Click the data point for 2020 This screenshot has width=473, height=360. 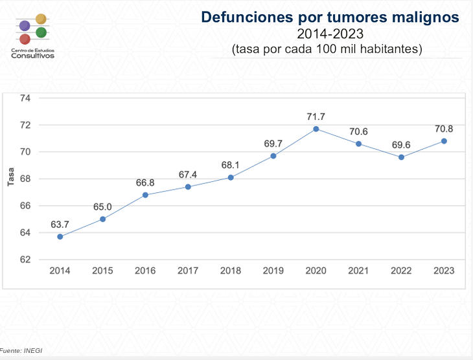click(316, 129)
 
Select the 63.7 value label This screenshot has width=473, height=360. click(60, 224)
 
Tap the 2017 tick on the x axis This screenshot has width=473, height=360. click(188, 271)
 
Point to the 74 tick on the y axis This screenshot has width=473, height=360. click(25, 98)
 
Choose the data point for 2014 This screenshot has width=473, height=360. click(60, 236)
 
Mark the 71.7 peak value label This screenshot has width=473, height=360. click(316, 117)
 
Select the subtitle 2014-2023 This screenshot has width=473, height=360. click(330, 34)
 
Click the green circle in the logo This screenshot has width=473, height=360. click(41, 32)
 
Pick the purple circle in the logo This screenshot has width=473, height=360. click(25, 26)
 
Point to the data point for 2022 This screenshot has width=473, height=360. click(402, 157)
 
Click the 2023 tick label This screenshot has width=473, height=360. click(444, 271)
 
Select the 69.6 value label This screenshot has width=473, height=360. click(402, 144)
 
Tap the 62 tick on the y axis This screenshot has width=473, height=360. click(25, 260)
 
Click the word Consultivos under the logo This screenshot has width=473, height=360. click(32, 56)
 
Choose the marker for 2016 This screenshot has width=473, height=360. click(145, 195)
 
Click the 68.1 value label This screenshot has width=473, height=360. click(231, 164)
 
